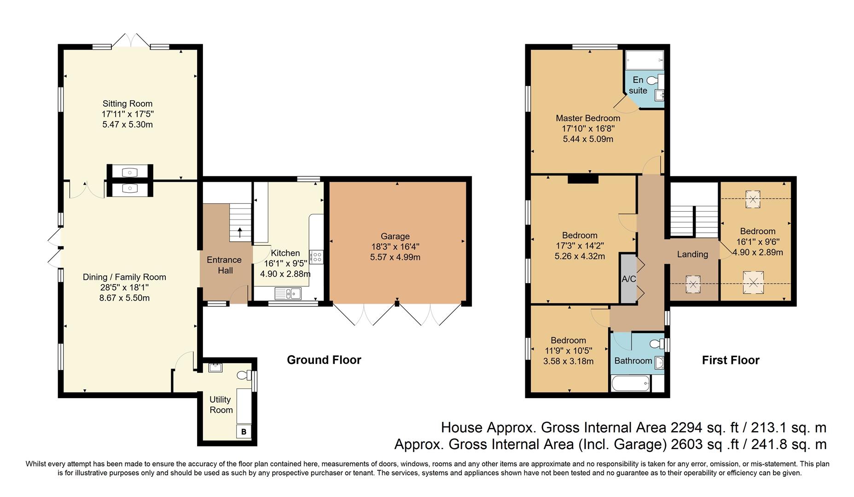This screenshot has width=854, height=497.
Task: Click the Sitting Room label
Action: click(128, 104)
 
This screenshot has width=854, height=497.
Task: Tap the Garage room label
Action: click(395, 237)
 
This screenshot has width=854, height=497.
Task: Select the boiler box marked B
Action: click(244, 432)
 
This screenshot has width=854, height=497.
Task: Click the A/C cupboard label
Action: click(629, 279)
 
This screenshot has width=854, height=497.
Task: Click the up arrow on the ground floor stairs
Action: click(239, 231)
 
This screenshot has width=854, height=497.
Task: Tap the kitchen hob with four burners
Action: click(317, 256)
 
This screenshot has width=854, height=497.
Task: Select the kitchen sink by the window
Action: click(288, 293)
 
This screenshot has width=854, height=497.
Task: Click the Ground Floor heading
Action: click(324, 360)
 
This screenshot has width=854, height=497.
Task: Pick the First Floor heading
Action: click(731, 360)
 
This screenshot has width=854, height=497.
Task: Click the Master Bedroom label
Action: click(588, 118)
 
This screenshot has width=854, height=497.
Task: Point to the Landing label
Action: click(692, 254)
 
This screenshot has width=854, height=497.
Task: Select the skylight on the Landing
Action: click(693, 283)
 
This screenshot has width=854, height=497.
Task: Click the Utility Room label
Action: click(221, 405)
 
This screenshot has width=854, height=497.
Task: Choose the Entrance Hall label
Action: click(225, 265)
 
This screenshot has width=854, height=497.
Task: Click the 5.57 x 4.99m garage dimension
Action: click(395, 257)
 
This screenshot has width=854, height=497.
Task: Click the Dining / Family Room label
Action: click(124, 277)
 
